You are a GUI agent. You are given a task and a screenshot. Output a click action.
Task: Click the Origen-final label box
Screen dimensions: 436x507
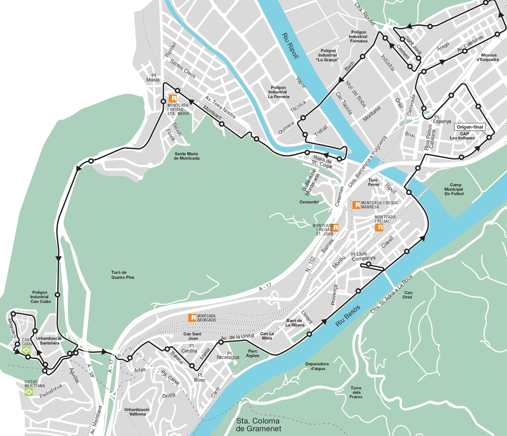(470, 127)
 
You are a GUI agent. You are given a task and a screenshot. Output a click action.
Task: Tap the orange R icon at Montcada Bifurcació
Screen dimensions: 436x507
(192, 318)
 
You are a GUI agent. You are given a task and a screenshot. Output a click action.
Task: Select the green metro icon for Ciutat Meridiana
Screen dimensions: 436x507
(29, 392)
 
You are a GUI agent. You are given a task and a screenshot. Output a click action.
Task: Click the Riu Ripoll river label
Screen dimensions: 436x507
(290, 46)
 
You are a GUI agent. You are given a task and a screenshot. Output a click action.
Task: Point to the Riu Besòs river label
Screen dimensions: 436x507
(348, 316)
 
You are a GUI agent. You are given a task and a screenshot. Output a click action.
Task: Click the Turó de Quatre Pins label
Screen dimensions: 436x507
(123, 275)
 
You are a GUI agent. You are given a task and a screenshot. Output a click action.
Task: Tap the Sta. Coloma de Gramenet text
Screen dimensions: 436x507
(258, 425)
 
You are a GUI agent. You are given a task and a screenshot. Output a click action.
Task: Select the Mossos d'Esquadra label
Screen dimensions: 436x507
(488, 57)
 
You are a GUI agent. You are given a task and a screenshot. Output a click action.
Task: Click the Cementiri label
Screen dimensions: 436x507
(309, 202)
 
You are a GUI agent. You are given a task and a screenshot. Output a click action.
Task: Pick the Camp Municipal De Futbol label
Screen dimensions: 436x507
(454, 189)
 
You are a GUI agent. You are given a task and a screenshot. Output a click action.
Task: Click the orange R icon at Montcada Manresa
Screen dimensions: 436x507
(356, 205)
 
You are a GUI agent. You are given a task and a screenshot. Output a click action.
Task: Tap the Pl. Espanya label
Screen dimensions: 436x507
(442, 119)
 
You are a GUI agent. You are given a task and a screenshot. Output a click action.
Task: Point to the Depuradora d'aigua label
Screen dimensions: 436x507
(317, 366)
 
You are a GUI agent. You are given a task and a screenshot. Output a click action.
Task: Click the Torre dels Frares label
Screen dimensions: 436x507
(356, 392)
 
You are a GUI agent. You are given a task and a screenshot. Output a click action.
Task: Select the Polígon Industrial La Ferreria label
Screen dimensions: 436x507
(278, 92)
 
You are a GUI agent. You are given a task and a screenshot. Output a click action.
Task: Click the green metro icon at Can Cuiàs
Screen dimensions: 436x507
(26, 350)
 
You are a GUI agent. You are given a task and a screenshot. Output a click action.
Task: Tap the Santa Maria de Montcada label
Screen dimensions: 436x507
(186, 156)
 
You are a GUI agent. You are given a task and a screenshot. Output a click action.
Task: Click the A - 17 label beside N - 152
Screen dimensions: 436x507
(265, 287)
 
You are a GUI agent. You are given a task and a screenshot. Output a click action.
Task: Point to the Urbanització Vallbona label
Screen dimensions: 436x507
(137, 412)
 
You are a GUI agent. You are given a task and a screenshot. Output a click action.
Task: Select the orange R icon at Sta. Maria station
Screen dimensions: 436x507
(173, 98)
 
